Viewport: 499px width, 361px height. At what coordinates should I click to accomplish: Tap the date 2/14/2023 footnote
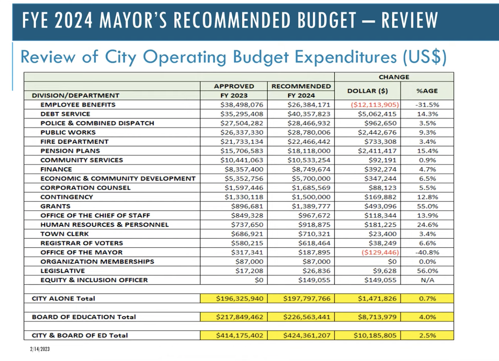[x=40, y=349]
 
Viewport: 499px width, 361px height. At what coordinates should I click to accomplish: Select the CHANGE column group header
[x=394, y=77]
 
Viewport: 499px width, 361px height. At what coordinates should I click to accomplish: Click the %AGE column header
[x=427, y=91]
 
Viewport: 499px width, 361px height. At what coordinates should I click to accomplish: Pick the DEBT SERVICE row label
[x=65, y=114]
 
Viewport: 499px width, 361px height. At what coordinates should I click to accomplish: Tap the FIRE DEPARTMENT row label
[x=74, y=141]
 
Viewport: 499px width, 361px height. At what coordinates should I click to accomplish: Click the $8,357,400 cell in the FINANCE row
[x=242, y=169]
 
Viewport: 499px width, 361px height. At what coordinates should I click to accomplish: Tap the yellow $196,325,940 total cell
[x=239, y=299]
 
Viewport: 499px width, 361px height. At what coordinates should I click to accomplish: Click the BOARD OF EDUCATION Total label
[x=84, y=317]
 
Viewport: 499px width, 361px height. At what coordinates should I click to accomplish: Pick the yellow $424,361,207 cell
[x=307, y=335]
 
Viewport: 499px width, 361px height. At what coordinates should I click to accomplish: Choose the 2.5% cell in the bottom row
[x=427, y=335]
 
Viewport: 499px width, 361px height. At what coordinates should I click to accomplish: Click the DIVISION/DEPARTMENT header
[x=75, y=95]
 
